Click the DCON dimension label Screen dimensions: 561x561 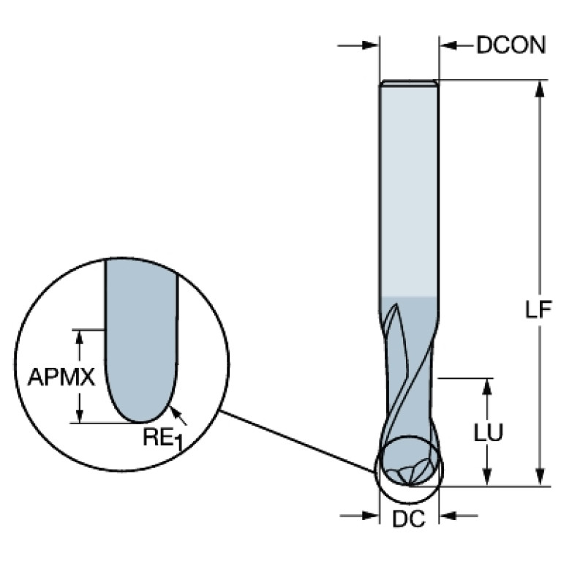(511, 45)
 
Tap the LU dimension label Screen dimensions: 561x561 (487, 432)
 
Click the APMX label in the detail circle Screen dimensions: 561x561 (61, 377)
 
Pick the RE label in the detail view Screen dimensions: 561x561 (157, 438)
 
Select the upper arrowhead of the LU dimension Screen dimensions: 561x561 (487, 386)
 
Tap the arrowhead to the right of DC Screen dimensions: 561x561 (447, 516)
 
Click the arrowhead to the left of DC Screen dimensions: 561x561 (372, 516)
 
